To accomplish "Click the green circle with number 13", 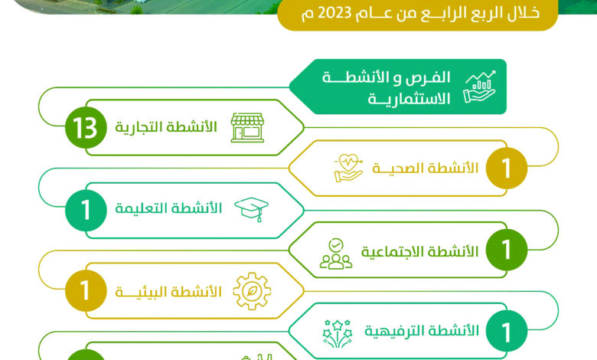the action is [x=86, y=128].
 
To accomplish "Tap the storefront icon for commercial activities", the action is [x=247, y=128].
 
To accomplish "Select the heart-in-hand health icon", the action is [x=348, y=168].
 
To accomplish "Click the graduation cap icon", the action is [x=251, y=209].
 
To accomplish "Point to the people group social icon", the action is [x=336, y=254].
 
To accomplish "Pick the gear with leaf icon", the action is [x=252, y=291].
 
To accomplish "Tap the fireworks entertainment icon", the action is [x=338, y=334].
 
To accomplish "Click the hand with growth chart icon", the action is [x=480, y=87].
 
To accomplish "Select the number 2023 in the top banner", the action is [x=334, y=13].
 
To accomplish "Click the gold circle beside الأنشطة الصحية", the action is [x=507, y=168].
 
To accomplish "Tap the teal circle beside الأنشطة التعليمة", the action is [x=86, y=211].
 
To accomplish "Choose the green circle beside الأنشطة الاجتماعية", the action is [x=507, y=250].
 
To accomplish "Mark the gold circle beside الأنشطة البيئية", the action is [x=86, y=290].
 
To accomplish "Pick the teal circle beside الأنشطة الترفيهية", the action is [x=507, y=331].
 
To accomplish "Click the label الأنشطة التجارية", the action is [x=166, y=127].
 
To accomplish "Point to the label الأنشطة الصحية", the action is [x=426, y=168].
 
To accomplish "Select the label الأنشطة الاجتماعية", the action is [x=419, y=251].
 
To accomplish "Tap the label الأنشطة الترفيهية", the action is [x=422, y=331].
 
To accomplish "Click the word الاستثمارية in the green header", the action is [x=409, y=99].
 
